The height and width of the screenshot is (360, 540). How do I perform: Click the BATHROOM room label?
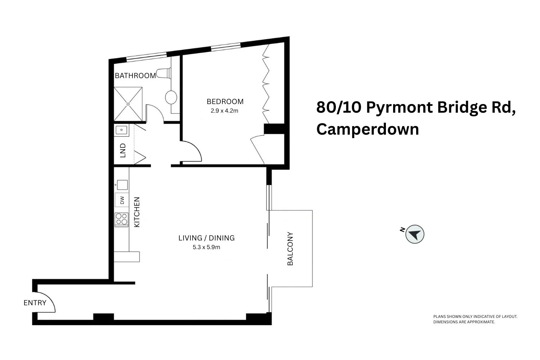pyautogui.click(x=135, y=76)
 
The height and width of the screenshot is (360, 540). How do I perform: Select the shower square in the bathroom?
pyautogui.click(x=128, y=104)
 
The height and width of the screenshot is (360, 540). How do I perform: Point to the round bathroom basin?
pyautogui.click(x=171, y=97)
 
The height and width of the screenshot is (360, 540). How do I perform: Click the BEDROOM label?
pyautogui.click(x=225, y=102)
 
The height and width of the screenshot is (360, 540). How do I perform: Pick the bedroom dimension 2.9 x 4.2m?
pyautogui.click(x=225, y=111)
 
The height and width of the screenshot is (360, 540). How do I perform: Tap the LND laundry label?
pyautogui.click(x=123, y=150)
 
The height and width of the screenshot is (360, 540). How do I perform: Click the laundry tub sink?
pyautogui.click(x=122, y=130)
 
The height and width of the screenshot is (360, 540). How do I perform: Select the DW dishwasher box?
pyautogui.click(x=122, y=200)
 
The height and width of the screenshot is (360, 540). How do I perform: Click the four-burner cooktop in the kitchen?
pyautogui.click(x=122, y=219)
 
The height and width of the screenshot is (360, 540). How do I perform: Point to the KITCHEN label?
pyautogui.click(x=137, y=212)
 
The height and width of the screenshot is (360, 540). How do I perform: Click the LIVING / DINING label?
pyautogui.click(x=207, y=238)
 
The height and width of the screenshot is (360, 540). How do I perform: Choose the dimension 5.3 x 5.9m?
pyautogui.click(x=206, y=247)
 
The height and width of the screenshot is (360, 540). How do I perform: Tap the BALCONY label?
pyautogui.click(x=290, y=249)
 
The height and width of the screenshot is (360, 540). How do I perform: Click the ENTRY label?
pyautogui.click(x=35, y=303)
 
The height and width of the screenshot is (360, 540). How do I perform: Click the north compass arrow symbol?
pyautogui.click(x=415, y=234)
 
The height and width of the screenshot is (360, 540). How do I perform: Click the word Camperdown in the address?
pyautogui.click(x=368, y=129)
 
